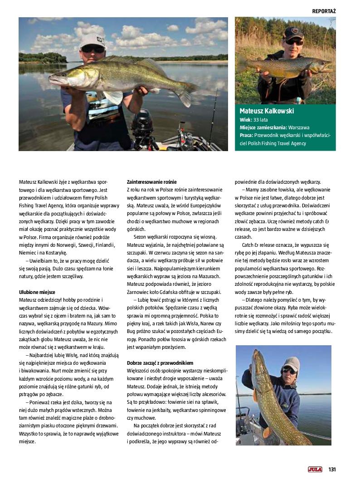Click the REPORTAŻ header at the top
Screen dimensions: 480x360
(x=323, y=10)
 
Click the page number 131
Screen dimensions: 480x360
(x=332, y=469)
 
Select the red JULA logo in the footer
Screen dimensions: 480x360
(x=315, y=469)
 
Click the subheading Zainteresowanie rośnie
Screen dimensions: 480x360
(x=151, y=182)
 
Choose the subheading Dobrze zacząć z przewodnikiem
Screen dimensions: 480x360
(x=160, y=363)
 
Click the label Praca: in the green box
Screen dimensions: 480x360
(x=247, y=135)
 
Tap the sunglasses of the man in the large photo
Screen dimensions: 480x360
(x=93, y=49)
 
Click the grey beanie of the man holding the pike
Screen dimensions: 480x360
(x=291, y=362)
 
